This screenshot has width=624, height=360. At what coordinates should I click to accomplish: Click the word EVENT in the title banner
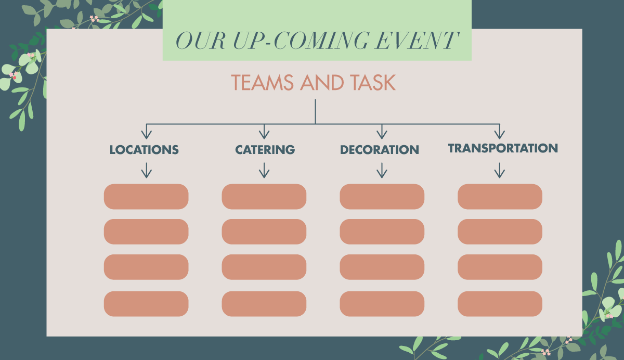coord(416,41)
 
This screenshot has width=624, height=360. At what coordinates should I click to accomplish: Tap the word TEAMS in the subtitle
coord(263,83)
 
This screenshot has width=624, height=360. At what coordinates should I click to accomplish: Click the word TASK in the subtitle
coord(373,83)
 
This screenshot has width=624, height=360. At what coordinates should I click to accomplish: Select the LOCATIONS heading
coord(144,150)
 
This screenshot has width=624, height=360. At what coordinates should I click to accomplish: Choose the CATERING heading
coord(265,150)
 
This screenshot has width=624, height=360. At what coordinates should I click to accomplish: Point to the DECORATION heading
coord(380,150)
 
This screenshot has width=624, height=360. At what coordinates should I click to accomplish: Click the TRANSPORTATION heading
coord(503,148)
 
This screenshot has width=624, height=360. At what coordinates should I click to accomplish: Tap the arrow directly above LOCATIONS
coord(147,132)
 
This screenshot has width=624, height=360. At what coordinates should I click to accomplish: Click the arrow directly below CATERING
coord(264,171)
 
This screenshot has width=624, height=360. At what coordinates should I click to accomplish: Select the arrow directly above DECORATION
coord(382,132)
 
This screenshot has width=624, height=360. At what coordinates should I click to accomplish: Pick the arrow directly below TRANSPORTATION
coord(500,171)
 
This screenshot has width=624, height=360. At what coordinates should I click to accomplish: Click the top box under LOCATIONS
coord(146,197)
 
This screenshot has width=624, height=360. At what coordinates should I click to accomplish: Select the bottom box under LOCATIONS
coord(146,304)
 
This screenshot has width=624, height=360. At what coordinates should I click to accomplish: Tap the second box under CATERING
coord(264,232)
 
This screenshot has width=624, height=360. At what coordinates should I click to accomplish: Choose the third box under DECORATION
coord(382,267)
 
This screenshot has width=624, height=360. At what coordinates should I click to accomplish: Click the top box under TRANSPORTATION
coord(500,197)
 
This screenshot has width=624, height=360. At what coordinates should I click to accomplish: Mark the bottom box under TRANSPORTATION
coord(500,304)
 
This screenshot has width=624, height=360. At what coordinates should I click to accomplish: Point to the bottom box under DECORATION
coord(382,304)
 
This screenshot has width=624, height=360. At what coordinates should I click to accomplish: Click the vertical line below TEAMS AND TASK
coord(315,111)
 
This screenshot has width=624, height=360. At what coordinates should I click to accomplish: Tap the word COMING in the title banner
coord(322,41)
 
